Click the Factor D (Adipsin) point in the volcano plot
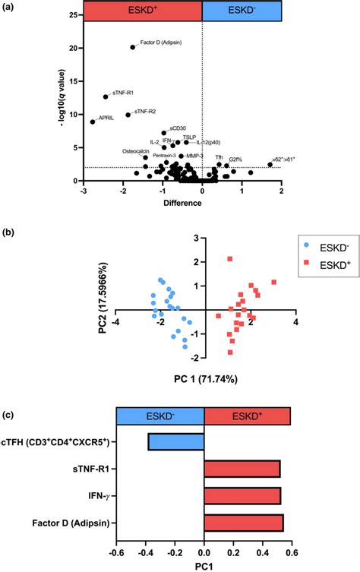[x=133, y=47]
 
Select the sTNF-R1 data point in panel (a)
[x=106, y=96]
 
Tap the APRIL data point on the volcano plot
[x=93, y=122]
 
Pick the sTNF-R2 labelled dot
[x=128, y=115]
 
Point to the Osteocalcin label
[x=136, y=150]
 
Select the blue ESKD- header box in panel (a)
[x=242, y=11]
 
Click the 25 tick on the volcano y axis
[x=71, y=15]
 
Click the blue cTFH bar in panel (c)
[x=176, y=442]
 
